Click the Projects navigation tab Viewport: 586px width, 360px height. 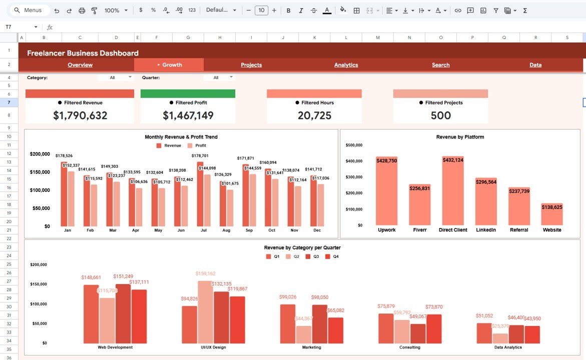pyautogui.click(x=251, y=65)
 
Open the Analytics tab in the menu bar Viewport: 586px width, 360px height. pyautogui.click(x=346, y=65)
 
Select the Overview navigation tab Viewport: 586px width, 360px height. pyautogui.click(x=80, y=65)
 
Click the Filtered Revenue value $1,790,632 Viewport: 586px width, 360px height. pyautogui.click(x=80, y=115)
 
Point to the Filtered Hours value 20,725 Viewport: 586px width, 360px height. pyautogui.click(x=314, y=115)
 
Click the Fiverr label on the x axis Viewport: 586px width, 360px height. pyautogui.click(x=419, y=230)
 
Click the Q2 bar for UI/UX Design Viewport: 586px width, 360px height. pyautogui.click(x=205, y=311)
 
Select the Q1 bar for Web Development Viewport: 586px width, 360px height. pyautogui.click(x=91, y=313)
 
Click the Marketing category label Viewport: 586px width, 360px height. pyautogui.click(x=312, y=347)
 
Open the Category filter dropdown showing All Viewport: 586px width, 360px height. pyautogui.click(x=116, y=77)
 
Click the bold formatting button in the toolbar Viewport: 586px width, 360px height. pyautogui.click(x=288, y=10)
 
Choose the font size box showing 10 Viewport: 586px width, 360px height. pyautogui.click(x=261, y=10)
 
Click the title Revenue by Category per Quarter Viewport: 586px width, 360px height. pyautogui.click(x=302, y=247)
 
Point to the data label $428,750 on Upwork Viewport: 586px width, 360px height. pyautogui.click(x=386, y=160)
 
